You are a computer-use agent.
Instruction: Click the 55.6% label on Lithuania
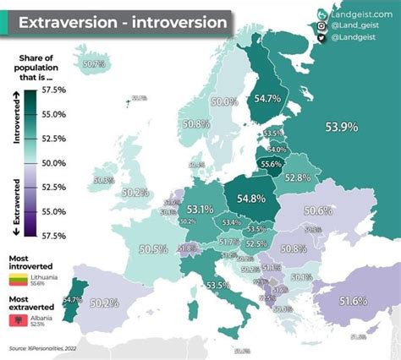(272, 164)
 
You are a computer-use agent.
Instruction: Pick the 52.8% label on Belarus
(297, 178)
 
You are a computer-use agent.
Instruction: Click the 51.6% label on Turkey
(353, 301)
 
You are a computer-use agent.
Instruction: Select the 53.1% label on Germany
(200, 209)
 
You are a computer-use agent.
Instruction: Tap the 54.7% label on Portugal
(72, 299)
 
